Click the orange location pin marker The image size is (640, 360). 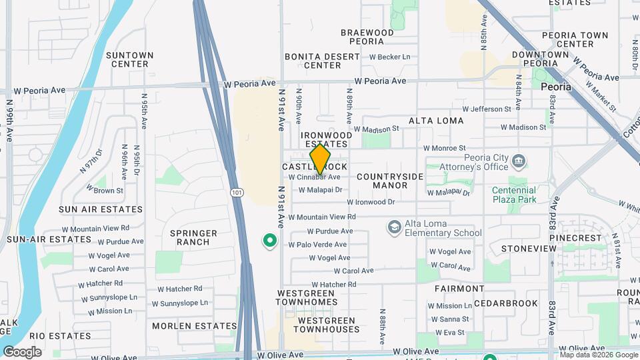320,159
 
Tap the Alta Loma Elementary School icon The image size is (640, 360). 394,227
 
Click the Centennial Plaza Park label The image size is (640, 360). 514,195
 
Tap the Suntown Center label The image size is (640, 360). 129,59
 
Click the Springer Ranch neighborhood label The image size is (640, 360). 193,237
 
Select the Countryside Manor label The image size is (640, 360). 390,181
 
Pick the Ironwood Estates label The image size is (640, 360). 327,139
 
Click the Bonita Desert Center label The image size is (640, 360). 322,61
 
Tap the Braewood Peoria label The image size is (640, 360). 367,37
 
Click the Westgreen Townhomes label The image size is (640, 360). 307,297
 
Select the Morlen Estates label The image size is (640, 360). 194,326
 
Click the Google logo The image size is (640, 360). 22,352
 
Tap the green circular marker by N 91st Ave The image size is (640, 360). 270,241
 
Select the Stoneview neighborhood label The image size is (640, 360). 529,249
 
